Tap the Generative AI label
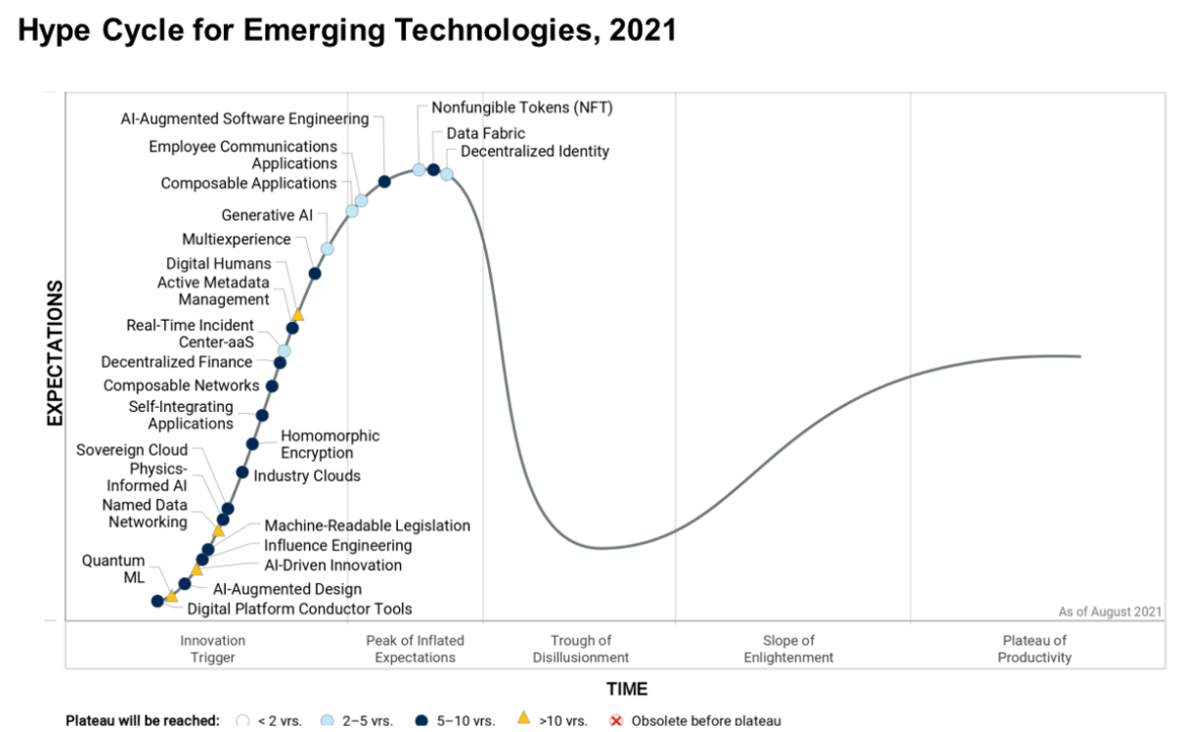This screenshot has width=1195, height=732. pyautogui.click(x=267, y=215)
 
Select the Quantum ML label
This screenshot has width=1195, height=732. pyautogui.click(x=112, y=569)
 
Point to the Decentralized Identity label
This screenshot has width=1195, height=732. pyautogui.click(x=534, y=152)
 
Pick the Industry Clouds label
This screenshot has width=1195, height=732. pyautogui.click(x=307, y=477)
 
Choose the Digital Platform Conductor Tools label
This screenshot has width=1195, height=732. pyautogui.click(x=299, y=609)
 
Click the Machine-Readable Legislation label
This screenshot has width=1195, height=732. pyautogui.click(x=367, y=526)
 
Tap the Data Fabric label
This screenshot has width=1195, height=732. pyautogui.click(x=485, y=133)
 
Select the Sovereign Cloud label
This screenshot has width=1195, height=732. pyautogui.click(x=132, y=450)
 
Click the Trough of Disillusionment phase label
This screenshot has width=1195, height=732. pyautogui.click(x=581, y=649)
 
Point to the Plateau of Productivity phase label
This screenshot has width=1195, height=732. pyautogui.click(x=1035, y=649)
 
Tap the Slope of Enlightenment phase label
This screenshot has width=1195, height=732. pyautogui.click(x=788, y=649)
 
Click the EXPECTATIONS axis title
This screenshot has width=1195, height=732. pyautogui.click(x=55, y=353)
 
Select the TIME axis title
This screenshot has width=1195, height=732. pyautogui.click(x=627, y=689)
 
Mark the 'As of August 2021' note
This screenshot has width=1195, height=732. pyautogui.click(x=1110, y=612)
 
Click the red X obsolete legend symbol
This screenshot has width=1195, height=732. pyautogui.click(x=616, y=721)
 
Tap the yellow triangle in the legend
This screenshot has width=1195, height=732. pyautogui.click(x=523, y=720)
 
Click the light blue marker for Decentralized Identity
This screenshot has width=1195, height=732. pyautogui.click(x=447, y=174)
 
